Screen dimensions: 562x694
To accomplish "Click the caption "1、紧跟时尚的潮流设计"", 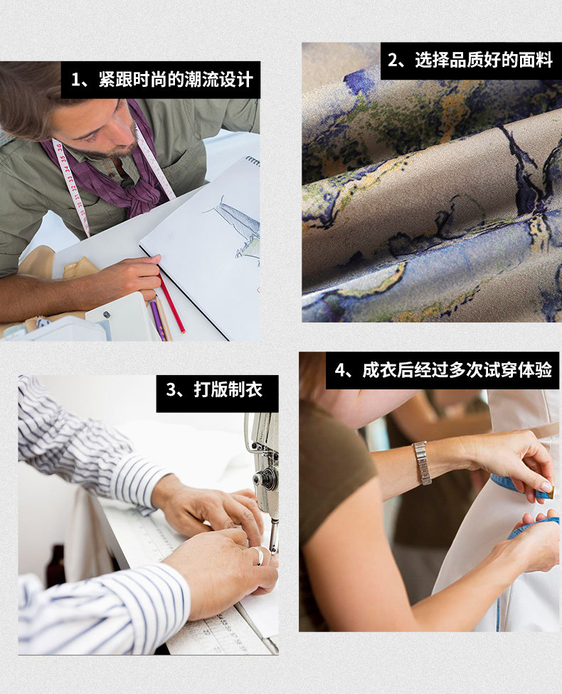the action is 162,80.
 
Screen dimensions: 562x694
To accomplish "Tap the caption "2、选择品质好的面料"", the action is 470,61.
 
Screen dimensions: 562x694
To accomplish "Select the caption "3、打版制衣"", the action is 214,390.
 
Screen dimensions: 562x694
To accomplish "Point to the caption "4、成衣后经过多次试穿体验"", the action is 443,370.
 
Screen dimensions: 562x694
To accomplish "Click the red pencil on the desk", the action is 171,303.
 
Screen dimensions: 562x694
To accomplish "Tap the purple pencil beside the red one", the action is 157,320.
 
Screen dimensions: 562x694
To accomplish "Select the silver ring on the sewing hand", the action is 259,555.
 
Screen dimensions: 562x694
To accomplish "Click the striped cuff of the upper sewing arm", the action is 137,480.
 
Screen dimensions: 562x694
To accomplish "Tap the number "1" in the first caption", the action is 75,80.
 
